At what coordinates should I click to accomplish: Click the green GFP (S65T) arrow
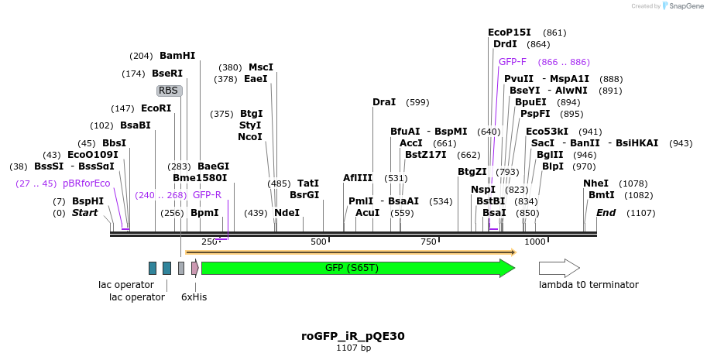(356, 268)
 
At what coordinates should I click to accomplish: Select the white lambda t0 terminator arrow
(558, 268)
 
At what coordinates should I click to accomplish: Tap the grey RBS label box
(169, 91)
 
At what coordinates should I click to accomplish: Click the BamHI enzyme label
(177, 56)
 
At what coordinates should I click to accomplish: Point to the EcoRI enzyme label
(156, 108)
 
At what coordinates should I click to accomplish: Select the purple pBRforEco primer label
(86, 183)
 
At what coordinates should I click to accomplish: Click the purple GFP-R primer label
(207, 195)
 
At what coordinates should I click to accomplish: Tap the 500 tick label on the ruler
(319, 242)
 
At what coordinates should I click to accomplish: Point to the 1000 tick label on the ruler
(536, 242)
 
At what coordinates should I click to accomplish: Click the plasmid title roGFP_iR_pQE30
(353, 336)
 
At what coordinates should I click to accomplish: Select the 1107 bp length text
(353, 348)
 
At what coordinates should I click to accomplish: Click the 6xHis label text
(194, 297)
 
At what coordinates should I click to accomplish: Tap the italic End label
(606, 213)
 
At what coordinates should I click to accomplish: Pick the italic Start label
(85, 213)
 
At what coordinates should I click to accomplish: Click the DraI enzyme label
(384, 102)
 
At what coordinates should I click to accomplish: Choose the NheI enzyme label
(596, 183)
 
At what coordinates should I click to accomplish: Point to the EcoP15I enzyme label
(510, 33)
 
